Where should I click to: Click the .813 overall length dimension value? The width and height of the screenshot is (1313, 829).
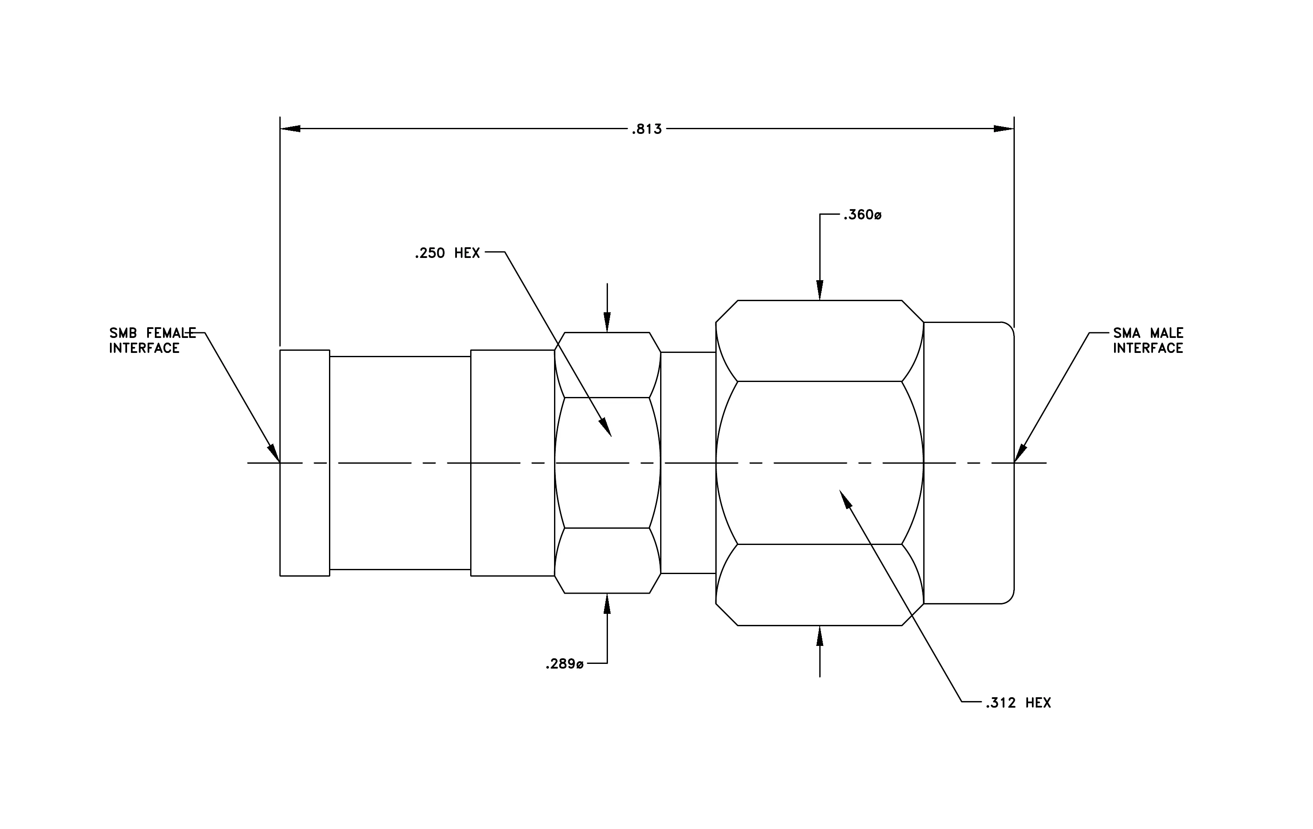(647, 129)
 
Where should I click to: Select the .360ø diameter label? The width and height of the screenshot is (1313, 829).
(862, 215)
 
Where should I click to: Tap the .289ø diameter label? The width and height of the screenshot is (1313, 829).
(564, 664)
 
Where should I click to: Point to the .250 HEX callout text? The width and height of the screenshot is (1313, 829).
(447, 253)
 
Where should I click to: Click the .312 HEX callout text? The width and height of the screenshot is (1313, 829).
(1018, 703)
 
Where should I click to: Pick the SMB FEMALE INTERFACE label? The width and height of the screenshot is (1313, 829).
(152, 340)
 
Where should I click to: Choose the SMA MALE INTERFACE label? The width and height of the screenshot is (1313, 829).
(1148, 340)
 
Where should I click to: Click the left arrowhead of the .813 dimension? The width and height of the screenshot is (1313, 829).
(290, 129)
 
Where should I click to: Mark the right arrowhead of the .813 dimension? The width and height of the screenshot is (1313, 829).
(1004, 129)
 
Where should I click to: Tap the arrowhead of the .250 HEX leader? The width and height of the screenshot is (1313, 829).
(606, 427)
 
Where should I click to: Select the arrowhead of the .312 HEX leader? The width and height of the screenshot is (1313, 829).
(845, 499)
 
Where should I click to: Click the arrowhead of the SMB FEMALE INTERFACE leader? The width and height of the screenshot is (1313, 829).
(274, 453)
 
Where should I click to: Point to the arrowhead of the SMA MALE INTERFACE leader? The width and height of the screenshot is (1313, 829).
(1021, 453)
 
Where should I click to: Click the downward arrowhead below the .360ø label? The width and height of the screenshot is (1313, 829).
(820, 290)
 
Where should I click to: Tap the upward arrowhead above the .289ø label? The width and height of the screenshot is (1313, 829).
(608, 603)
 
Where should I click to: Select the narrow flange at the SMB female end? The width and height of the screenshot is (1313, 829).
(305, 463)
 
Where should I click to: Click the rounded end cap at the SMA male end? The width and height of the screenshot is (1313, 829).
(969, 463)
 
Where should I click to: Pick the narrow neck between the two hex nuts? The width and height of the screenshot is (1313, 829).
(688, 463)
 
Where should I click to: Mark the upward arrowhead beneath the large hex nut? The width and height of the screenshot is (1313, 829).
(820, 636)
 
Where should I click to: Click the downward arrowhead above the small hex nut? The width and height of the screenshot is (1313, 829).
(608, 323)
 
